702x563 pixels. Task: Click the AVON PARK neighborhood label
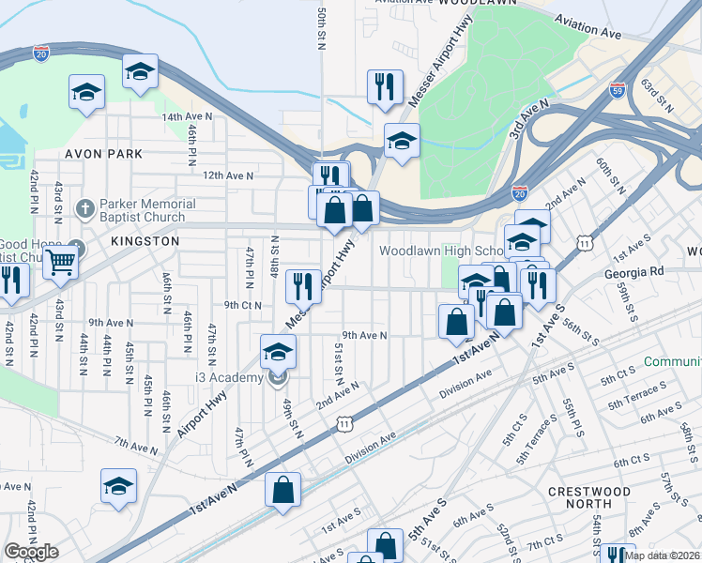103,153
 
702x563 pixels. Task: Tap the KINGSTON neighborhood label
145,241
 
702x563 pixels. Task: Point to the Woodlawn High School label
441,251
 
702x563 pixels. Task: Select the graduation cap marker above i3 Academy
278,352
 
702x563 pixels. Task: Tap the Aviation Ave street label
588,25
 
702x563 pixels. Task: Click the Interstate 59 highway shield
617,90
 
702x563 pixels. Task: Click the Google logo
31,552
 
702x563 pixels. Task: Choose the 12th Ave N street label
228,175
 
